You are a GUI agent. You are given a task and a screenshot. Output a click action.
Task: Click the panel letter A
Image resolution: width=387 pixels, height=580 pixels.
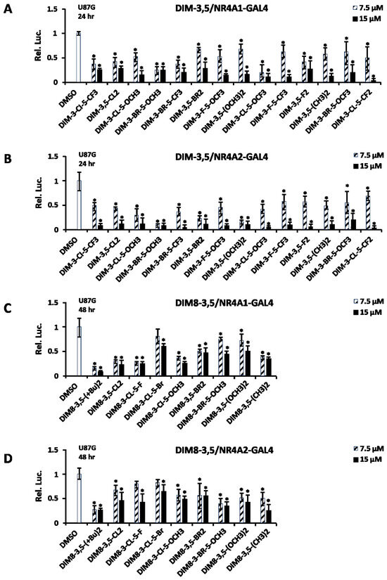pos(10,11)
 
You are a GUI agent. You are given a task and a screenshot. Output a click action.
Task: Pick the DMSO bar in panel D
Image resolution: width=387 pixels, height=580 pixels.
pos(79,499)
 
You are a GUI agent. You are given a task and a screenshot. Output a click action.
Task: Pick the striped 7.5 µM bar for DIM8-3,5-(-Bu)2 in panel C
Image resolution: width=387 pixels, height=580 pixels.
pos(95,372)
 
